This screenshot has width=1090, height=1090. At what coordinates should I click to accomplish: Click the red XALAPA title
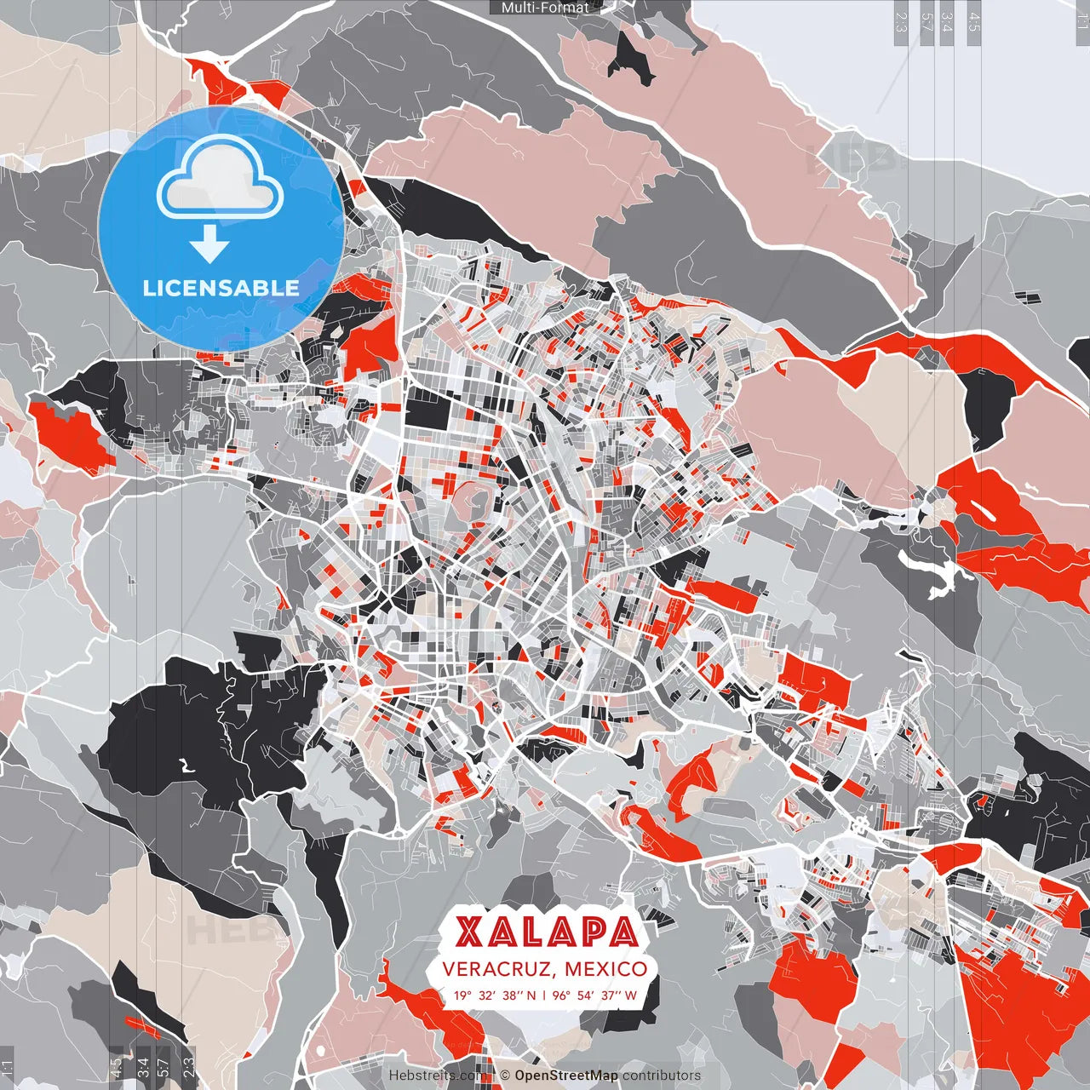(546, 932)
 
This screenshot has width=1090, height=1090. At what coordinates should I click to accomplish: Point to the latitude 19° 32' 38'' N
(494, 995)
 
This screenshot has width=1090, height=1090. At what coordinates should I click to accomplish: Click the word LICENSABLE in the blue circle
(221, 288)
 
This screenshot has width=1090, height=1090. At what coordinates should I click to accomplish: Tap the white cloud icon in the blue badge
(220, 181)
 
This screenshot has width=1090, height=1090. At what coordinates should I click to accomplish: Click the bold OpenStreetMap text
(566, 1076)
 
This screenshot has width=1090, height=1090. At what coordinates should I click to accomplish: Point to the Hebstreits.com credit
(439, 1076)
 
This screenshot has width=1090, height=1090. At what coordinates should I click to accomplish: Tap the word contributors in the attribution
(662, 1076)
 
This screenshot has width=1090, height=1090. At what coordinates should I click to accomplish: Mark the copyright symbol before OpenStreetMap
(505, 1076)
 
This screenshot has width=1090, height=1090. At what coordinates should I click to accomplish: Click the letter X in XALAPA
(470, 932)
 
